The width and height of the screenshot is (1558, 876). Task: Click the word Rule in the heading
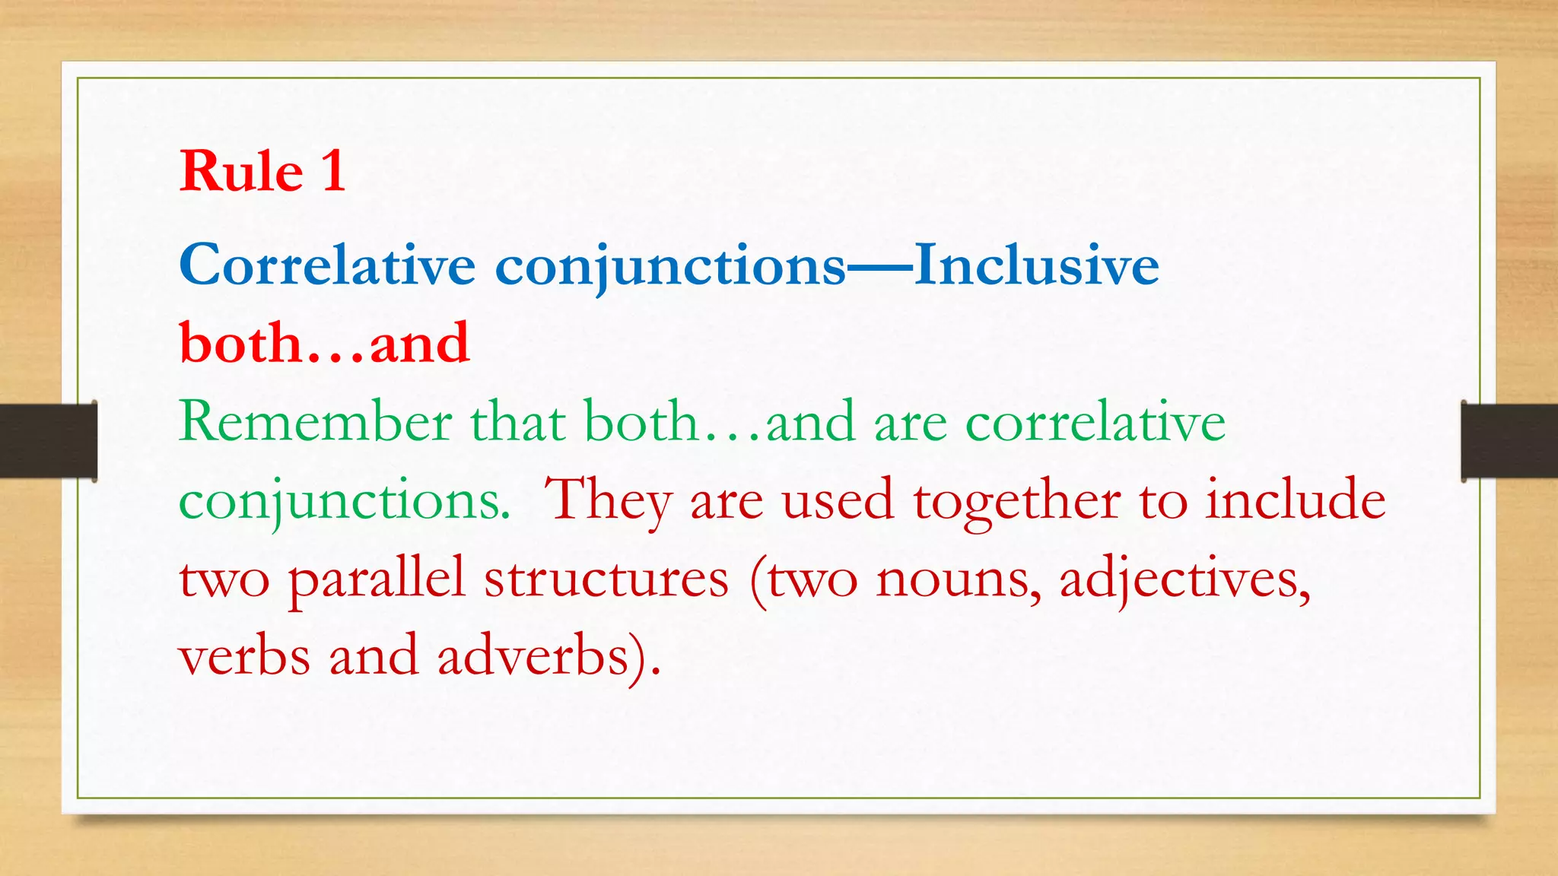(x=241, y=171)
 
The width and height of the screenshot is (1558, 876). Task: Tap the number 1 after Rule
(x=333, y=171)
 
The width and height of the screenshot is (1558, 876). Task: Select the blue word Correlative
(x=327, y=265)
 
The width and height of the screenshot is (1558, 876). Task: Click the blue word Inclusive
(x=1036, y=265)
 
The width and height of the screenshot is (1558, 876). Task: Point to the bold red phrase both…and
(x=324, y=344)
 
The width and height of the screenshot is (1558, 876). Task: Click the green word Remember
(x=315, y=422)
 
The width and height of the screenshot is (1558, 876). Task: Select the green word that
(x=517, y=422)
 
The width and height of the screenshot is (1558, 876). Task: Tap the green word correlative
(x=1095, y=422)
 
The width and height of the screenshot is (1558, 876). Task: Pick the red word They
(x=609, y=500)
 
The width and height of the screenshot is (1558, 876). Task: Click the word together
(x=1016, y=500)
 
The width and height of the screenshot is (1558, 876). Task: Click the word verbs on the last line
(x=244, y=656)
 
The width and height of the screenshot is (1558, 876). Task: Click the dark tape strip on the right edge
(x=1509, y=441)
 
